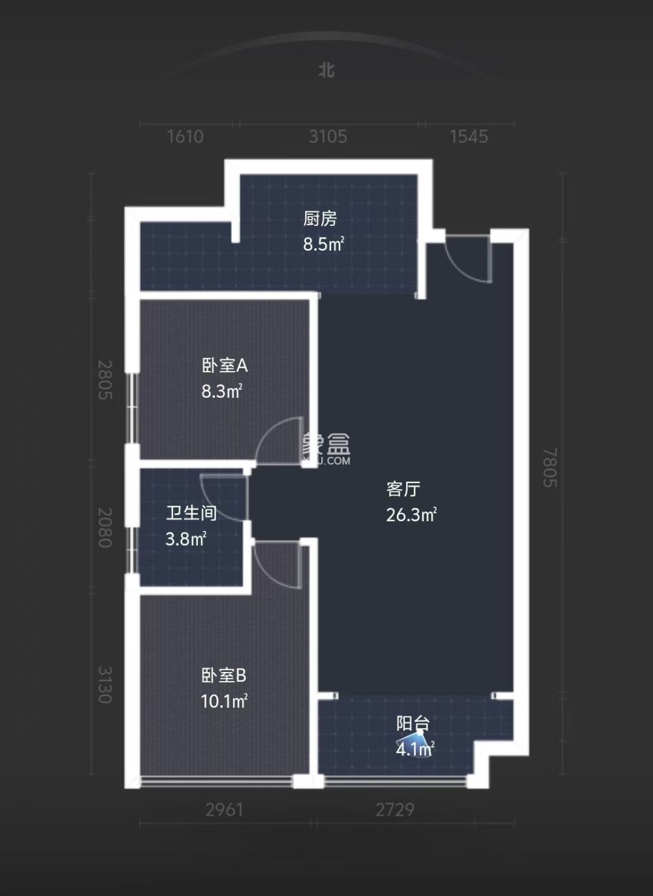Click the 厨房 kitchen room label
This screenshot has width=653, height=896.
pyautogui.click(x=320, y=219)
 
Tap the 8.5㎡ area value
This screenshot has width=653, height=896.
pyautogui.click(x=323, y=244)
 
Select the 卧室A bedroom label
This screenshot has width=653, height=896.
pyautogui.click(x=224, y=366)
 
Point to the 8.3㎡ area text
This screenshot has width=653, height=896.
pyautogui.click(x=222, y=391)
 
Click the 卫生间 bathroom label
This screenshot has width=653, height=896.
pyautogui.click(x=191, y=513)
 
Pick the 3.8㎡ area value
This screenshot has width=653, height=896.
pyautogui.click(x=186, y=539)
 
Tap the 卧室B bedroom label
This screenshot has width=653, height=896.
pyautogui.click(x=223, y=675)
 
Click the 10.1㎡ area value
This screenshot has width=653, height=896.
pyautogui.click(x=224, y=701)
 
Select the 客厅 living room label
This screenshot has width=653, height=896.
pyautogui.click(x=403, y=489)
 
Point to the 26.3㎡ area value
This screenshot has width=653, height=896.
pyautogui.click(x=411, y=515)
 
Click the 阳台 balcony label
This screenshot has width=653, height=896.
pyautogui.click(x=413, y=724)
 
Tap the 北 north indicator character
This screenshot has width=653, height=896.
pyautogui.click(x=326, y=70)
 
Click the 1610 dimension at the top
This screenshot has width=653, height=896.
pyautogui.click(x=185, y=136)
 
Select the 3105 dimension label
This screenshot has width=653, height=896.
pyautogui.click(x=328, y=136)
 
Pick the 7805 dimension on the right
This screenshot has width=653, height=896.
pyautogui.click(x=550, y=466)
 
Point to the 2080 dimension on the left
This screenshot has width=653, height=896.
pyautogui.click(x=104, y=528)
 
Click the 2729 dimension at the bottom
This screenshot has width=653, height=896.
pyautogui.click(x=394, y=810)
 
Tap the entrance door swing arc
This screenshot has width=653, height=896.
pyautogui.click(x=467, y=260)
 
